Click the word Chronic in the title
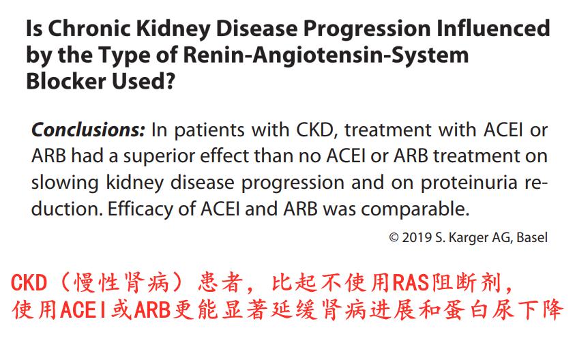click(x=89, y=28)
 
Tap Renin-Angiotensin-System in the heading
click(x=325, y=55)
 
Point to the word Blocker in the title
click(x=66, y=81)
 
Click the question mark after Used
click(x=170, y=81)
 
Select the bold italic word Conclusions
click(x=88, y=130)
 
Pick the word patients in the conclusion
click(x=209, y=130)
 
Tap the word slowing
click(x=65, y=183)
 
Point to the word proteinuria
click(x=469, y=183)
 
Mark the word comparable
click(x=415, y=210)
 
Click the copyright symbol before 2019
click(x=394, y=237)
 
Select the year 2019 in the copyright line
click(x=417, y=237)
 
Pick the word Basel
click(x=532, y=237)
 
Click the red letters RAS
click(x=411, y=283)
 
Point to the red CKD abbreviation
click(x=29, y=283)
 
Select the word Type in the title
click(x=124, y=56)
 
